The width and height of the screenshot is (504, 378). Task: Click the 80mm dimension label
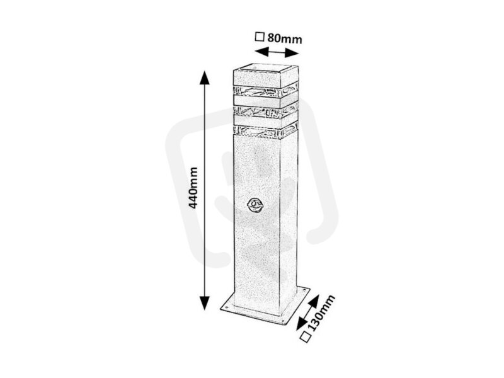click(285, 38)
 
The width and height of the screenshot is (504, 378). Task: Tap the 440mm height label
click(193, 188)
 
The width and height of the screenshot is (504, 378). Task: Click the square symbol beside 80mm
click(260, 37)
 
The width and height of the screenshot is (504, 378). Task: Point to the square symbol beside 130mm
click(306, 337)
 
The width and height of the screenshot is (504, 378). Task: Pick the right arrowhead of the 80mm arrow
click(292, 53)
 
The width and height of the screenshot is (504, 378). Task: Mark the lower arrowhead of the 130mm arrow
click(302, 323)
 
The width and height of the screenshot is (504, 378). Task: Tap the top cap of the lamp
click(265, 76)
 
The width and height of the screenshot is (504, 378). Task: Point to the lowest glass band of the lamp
click(265, 130)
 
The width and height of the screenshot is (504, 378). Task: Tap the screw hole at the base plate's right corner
click(304, 292)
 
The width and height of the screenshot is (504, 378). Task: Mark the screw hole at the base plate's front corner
click(282, 321)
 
